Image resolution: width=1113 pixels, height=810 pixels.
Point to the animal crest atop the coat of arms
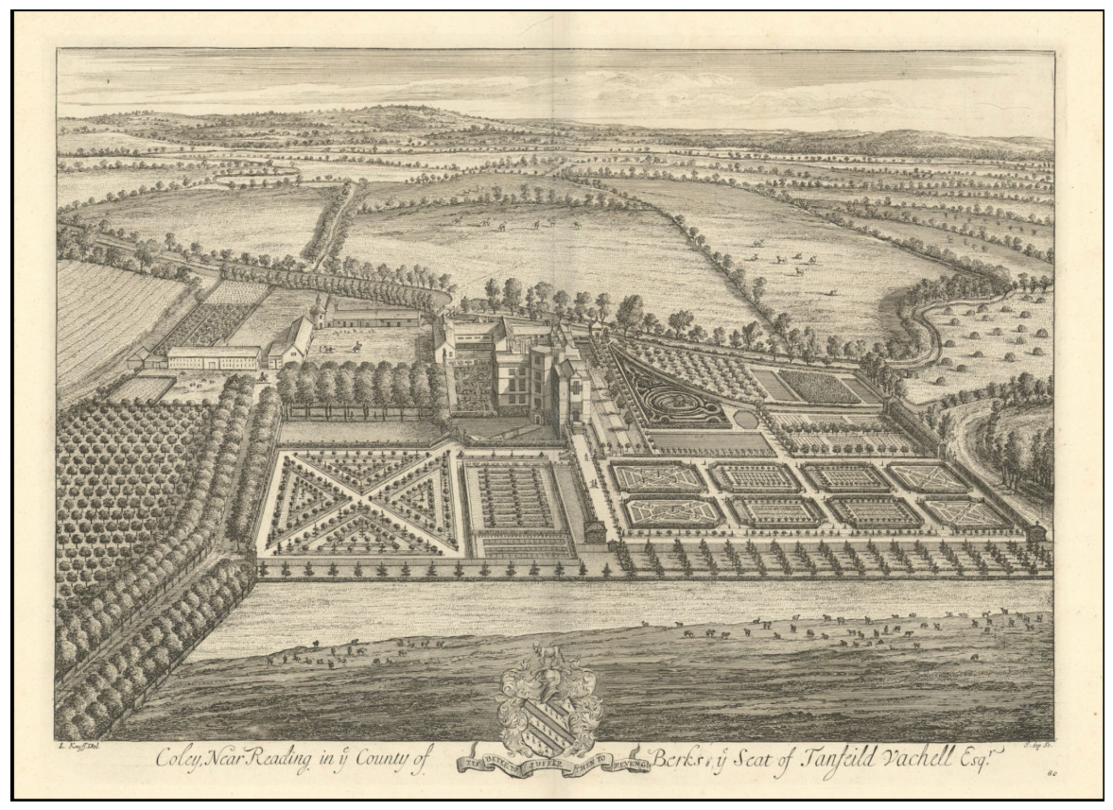pos(546,652)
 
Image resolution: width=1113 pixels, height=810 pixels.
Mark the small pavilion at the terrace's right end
pos(1037,533)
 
